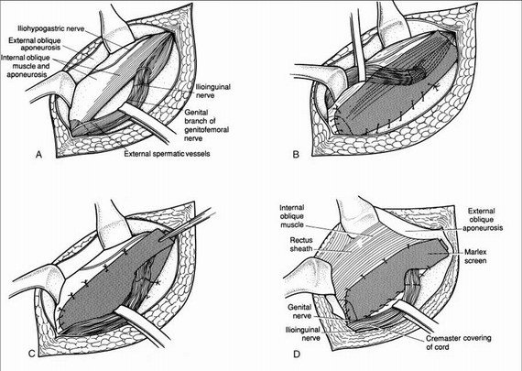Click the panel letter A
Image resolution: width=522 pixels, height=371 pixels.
pos(39,155)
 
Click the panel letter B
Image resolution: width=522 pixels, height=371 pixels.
pos(296,155)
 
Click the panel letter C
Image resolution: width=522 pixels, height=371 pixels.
pos(32,354)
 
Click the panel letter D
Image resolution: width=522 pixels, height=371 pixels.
pos(297,354)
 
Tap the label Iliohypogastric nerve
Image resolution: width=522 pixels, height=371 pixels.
pos(51,29)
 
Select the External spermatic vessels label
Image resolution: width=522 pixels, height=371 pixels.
pos(167,154)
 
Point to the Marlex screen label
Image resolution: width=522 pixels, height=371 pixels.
pos(475,256)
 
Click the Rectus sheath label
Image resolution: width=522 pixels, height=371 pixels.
pos(301,244)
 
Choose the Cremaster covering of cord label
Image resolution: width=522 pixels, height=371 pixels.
pos(459,343)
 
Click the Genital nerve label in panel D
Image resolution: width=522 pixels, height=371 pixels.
pos(299,311)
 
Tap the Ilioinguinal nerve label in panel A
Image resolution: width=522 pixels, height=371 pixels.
pos(212,92)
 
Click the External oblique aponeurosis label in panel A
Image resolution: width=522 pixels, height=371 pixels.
pos(35,44)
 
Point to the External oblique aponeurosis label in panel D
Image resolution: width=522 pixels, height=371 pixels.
pos(482,220)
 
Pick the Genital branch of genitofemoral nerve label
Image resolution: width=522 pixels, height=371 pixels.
pos(206,125)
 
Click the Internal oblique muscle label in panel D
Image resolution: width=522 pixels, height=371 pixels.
pos(292,216)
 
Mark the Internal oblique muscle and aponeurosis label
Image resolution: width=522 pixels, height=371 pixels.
pos(26,66)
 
